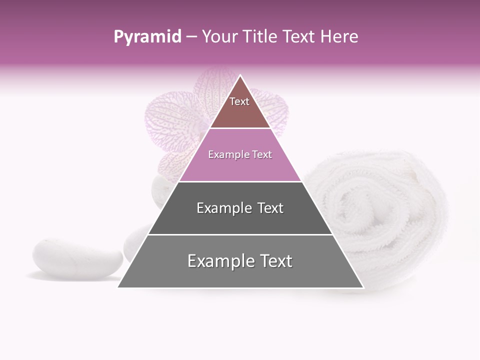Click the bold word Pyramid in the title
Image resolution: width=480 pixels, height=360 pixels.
point(147,37)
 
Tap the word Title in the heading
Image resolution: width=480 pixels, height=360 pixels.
point(261,37)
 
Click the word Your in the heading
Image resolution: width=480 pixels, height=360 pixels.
point(221,37)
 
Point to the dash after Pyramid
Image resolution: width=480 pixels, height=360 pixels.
point(191,37)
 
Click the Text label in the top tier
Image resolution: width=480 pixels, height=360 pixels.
point(239,102)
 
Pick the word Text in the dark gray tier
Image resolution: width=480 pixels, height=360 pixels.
point(271,208)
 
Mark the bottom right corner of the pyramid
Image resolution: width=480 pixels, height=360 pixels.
point(362,287)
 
